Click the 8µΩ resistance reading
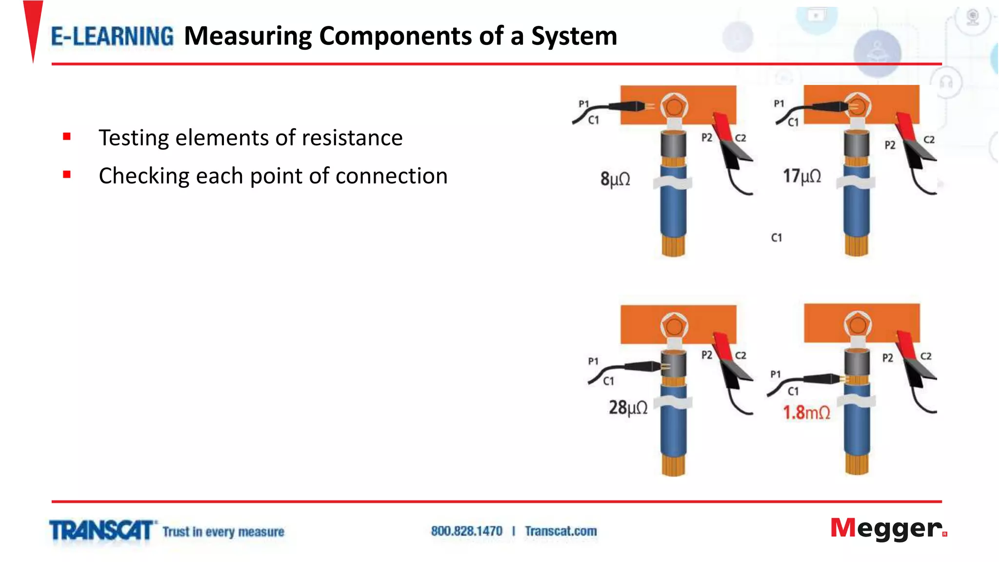(615, 179)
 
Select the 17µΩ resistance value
(802, 176)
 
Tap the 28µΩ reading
(628, 407)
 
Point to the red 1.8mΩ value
(806, 413)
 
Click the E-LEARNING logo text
(112, 37)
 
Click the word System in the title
(574, 36)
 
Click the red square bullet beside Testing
(67, 137)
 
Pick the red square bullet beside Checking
(67, 175)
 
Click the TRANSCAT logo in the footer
(101, 530)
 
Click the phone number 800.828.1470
(466, 531)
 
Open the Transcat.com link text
(561, 531)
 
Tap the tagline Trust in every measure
(223, 532)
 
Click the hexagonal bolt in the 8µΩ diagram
(674, 106)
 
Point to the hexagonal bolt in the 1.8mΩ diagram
(858, 324)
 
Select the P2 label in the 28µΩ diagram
(707, 355)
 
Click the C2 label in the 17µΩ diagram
(929, 140)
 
